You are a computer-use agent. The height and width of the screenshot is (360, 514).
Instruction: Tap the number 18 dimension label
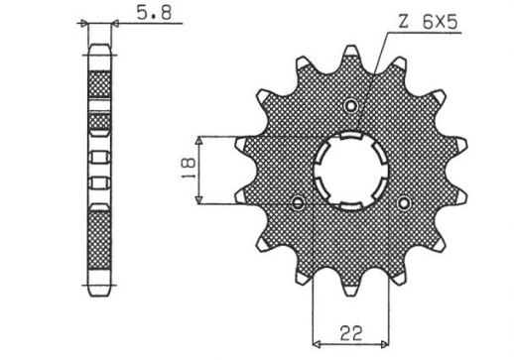188,170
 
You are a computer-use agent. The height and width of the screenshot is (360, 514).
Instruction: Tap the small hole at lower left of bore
298,203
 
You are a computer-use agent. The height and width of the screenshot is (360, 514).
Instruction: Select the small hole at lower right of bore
403,202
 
